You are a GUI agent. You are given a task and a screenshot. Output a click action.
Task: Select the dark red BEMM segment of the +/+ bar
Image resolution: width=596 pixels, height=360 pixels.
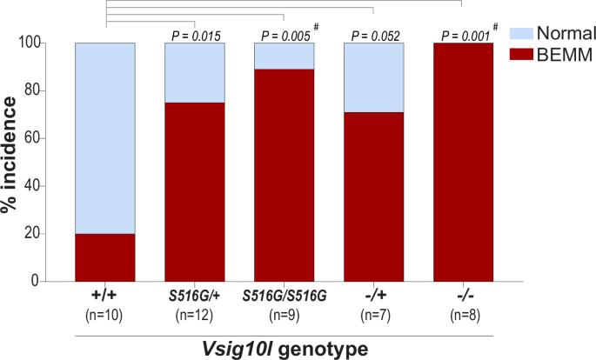(105, 257)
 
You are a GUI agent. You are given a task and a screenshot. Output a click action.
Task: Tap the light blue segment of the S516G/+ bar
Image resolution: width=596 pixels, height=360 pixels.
(195, 72)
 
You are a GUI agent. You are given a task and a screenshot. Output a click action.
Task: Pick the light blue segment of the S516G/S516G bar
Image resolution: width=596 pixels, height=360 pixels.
(284, 56)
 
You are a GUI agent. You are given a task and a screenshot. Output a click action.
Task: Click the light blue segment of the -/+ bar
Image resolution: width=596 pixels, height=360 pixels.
(373, 77)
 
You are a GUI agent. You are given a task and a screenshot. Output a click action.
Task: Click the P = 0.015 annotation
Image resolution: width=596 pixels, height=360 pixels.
(196, 36)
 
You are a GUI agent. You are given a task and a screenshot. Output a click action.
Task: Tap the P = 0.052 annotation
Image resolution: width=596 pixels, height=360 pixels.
(374, 36)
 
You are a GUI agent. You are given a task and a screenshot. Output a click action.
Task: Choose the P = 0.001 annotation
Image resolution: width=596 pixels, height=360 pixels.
(462, 36)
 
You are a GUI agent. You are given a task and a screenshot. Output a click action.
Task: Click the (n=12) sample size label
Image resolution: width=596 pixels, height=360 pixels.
(195, 314)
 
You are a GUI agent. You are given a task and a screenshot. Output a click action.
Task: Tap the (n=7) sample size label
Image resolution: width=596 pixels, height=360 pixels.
(373, 314)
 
